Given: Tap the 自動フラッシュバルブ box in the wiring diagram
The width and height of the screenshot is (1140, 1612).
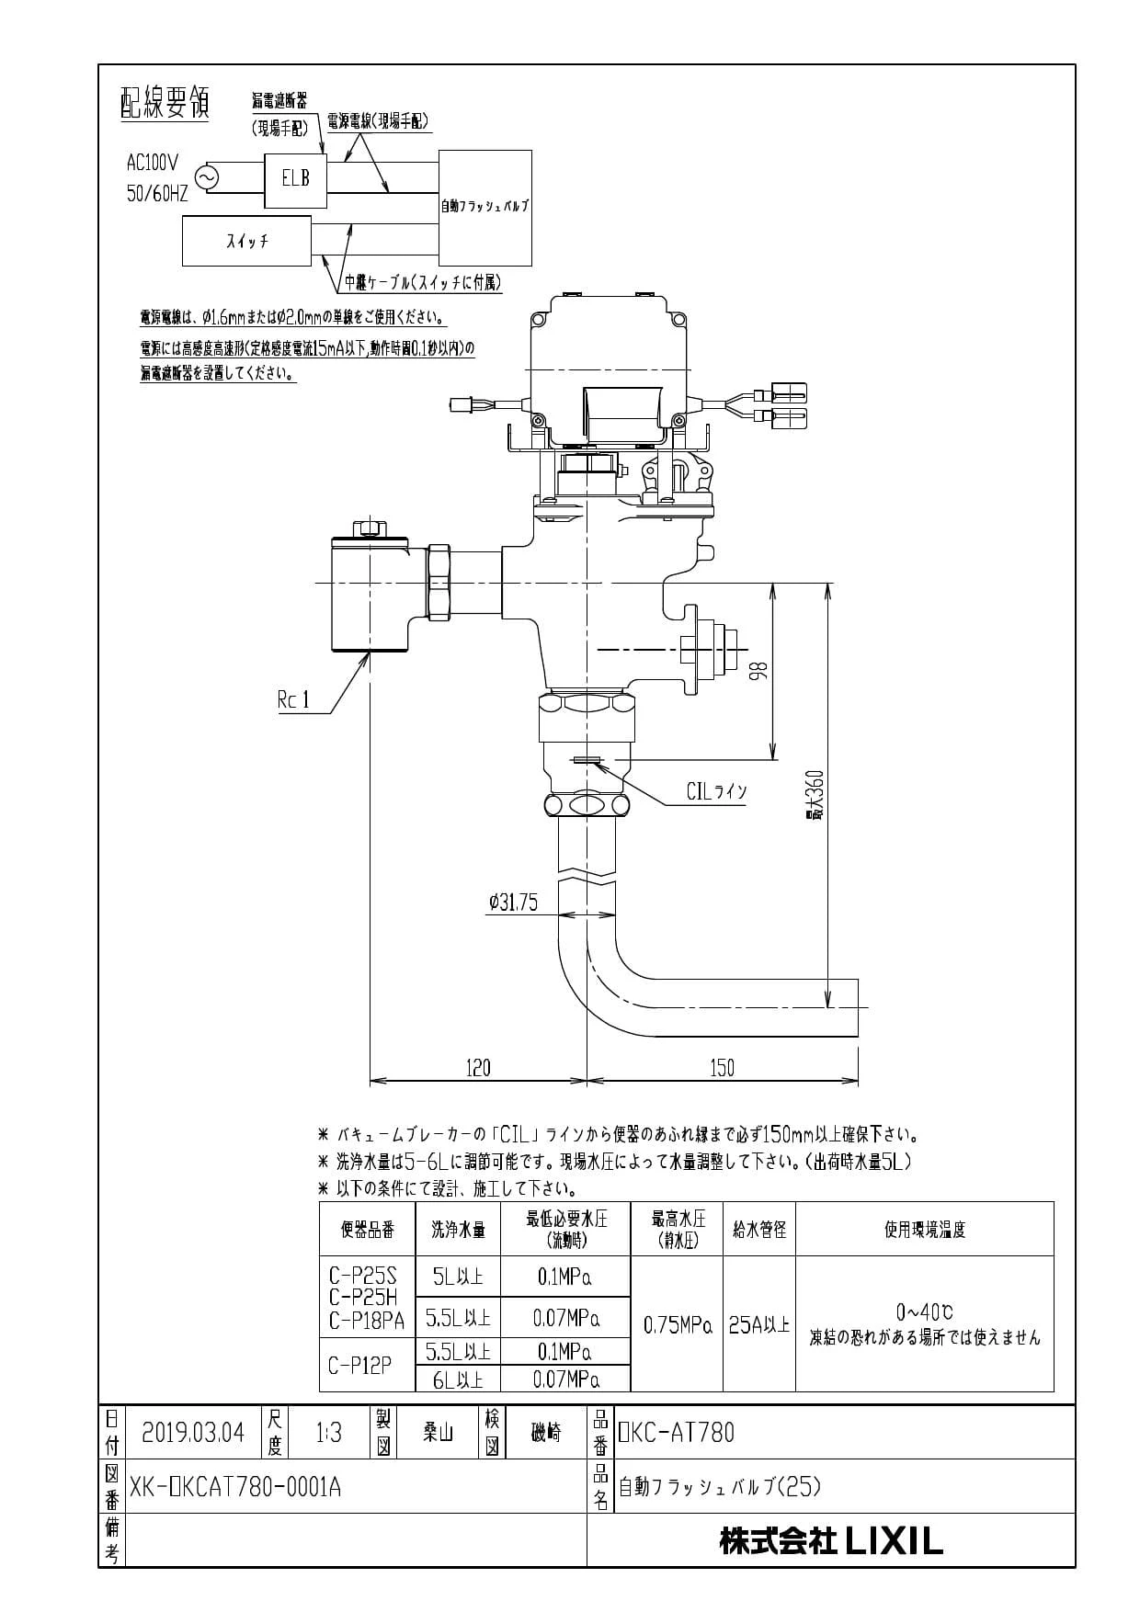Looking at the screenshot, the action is (x=484, y=207).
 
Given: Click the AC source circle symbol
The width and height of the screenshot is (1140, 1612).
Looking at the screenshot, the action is (x=205, y=177).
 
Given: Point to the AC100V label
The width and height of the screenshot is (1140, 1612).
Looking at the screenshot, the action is (x=153, y=163).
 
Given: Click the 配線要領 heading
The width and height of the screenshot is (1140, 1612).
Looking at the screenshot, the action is (x=165, y=104).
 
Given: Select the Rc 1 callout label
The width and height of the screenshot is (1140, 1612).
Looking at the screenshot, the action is (x=293, y=700).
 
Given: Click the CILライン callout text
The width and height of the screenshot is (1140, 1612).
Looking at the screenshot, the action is (x=716, y=791).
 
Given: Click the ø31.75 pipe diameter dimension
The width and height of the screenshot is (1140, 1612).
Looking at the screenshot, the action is (x=513, y=902).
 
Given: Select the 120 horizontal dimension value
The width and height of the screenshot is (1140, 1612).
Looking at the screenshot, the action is (x=478, y=1067).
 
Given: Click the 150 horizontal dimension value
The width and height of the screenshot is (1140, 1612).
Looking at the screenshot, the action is (x=723, y=1067).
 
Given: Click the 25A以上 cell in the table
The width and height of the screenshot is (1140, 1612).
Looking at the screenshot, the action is (x=758, y=1324).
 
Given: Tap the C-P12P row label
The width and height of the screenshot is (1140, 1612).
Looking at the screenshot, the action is (x=359, y=1365).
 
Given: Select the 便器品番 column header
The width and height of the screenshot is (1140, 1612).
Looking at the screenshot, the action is (x=367, y=1229).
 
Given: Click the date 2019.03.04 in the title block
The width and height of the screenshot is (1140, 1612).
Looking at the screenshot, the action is (x=193, y=1433).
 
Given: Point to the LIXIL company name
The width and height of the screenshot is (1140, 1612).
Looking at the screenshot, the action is (x=894, y=1541).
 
